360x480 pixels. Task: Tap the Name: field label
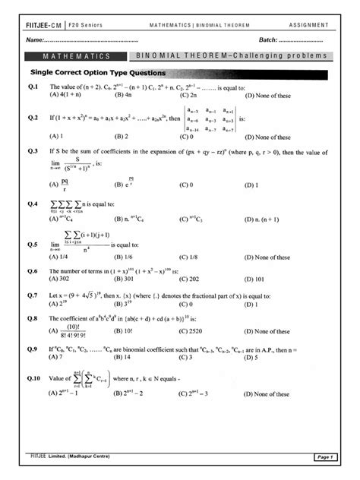coord(34,39)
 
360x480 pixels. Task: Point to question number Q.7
coord(32,294)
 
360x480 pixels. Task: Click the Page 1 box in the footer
coord(322,456)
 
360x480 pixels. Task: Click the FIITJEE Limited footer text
coord(72,454)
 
